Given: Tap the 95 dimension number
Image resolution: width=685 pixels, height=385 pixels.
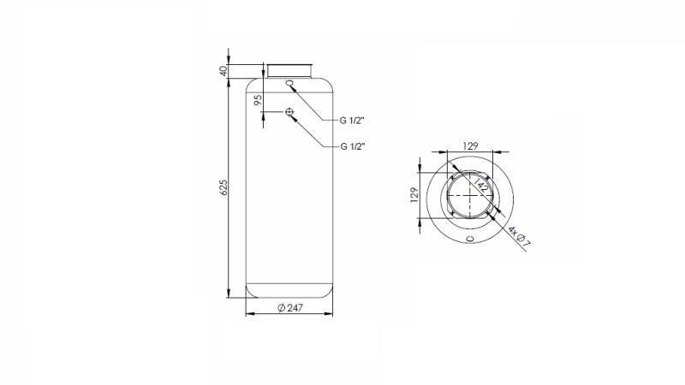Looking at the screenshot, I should tap(258, 100).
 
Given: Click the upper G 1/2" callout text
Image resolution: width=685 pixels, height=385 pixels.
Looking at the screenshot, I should tap(353, 120).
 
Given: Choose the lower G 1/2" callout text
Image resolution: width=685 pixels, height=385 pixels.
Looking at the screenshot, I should tap(353, 146).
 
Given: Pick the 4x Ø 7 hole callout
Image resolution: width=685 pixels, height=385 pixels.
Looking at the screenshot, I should tap(519, 236).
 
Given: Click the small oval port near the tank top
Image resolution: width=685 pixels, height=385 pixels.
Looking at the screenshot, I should tap(290, 84).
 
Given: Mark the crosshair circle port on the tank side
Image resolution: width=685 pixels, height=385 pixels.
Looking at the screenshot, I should tap(290, 113).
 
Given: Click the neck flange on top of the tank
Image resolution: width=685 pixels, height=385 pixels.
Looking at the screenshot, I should tap(290, 69).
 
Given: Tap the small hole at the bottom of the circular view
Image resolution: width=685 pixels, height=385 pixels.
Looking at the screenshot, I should tap(469, 239).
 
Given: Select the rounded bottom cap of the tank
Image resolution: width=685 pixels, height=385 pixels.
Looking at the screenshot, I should tap(290, 291).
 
